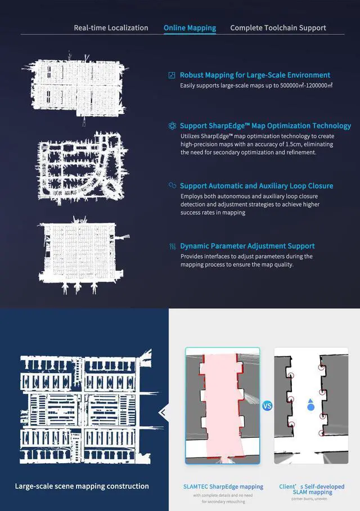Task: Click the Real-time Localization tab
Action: pyautogui.click(x=111, y=28)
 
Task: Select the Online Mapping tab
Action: pyautogui.click(x=190, y=28)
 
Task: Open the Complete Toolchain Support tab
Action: pyautogui.click(x=278, y=28)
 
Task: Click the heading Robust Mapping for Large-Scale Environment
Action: pyautogui.click(x=255, y=75)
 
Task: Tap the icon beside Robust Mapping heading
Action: pyautogui.click(x=172, y=75)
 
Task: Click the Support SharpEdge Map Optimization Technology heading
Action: pyautogui.click(x=265, y=125)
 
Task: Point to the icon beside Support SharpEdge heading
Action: pyautogui.click(x=172, y=126)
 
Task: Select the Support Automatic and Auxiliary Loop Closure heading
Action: pyautogui.click(x=256, y=186)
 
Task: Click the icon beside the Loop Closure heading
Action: pyautogui.click(x=172, y=186)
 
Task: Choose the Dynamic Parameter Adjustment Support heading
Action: pyautogui.click(x=247, y=246)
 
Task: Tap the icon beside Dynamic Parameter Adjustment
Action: pyautogui.click(x=172, y=246)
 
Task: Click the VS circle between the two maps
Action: pyautogui.click(x=267, y=406)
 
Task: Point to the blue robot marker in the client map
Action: pyautogui.click(x=310, y=405)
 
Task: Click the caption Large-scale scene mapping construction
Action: pyautogui.click(x=82, y=486)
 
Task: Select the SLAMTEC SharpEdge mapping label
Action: pyautogui.click(x=223, y=487)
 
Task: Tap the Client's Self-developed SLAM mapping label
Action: pyautogui.click(x=312, y=489)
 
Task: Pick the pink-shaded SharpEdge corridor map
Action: pyautogui.click(x=223, y=406)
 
